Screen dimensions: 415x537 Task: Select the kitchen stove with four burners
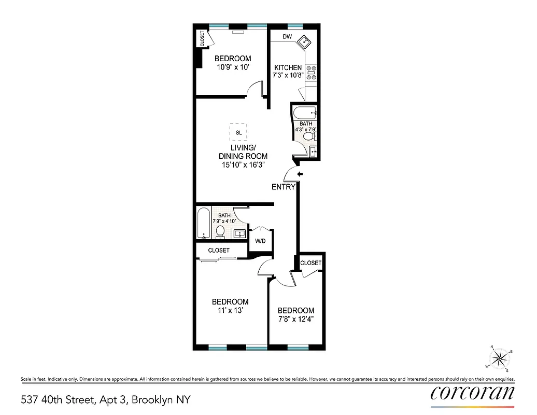click(312, 73)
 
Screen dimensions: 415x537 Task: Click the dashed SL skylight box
click(238, 132)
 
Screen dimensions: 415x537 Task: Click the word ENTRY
click(284, 187)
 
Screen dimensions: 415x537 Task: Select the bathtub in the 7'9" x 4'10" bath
click(203, 223)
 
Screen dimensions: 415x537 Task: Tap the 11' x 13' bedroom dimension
click(230, 311)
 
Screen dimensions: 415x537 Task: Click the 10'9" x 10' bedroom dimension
click(233, 67)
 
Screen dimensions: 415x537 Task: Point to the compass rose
click(499, 357)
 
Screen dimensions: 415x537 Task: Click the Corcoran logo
click(472, 393)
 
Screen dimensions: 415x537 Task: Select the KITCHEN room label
click(288, 67)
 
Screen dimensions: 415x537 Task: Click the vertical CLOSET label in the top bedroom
click(202, 39)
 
